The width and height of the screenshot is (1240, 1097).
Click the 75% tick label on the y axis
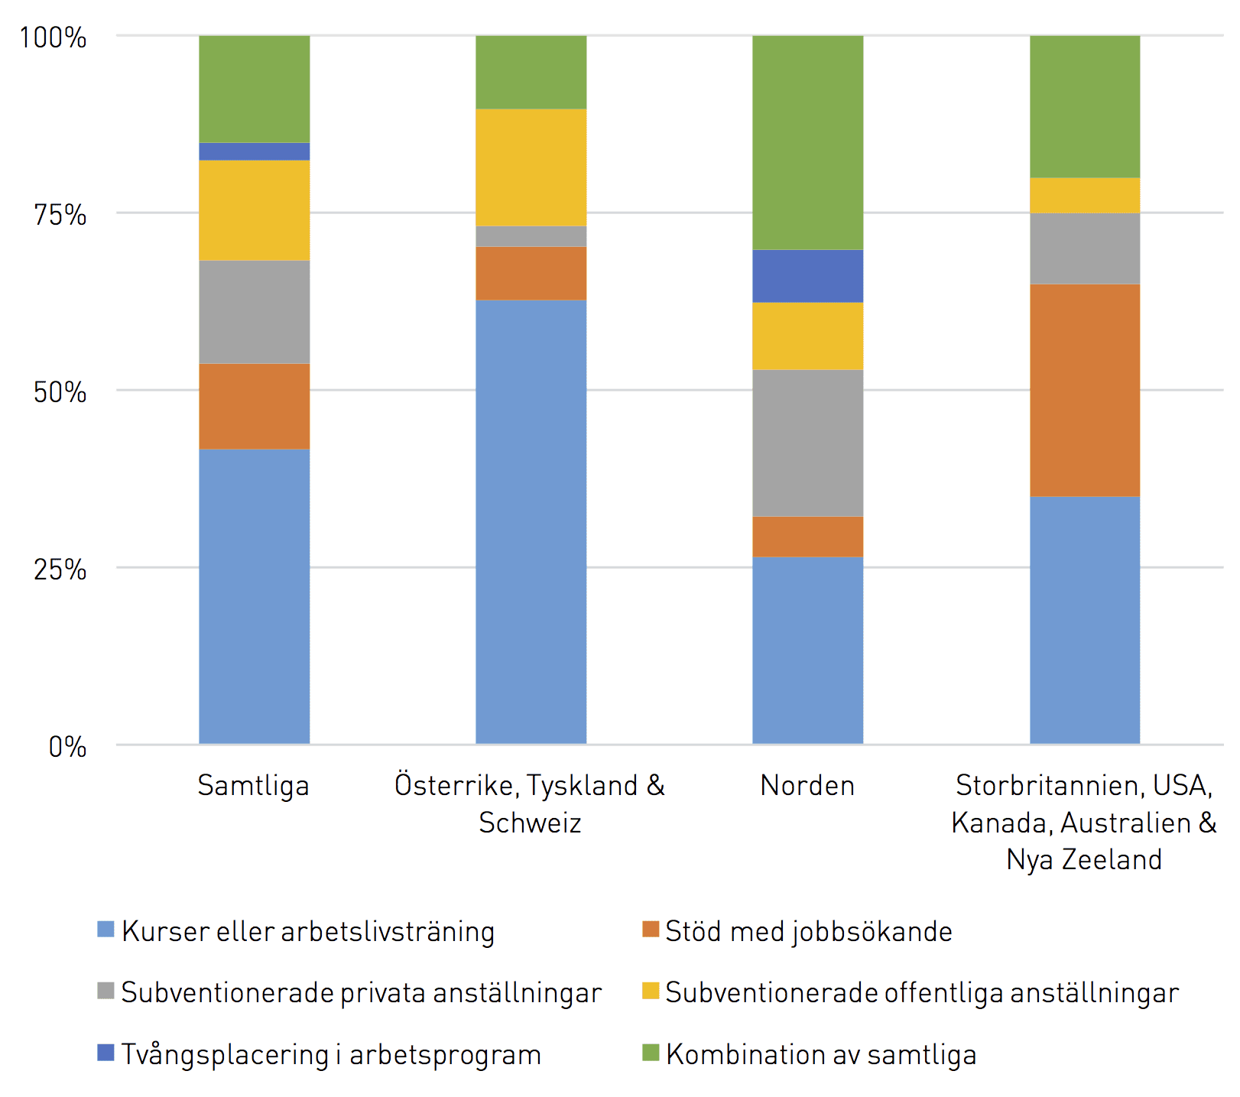coord(60,214)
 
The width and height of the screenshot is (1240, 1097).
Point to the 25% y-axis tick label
coord(60,570)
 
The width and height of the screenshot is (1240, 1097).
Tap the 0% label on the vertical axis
coord(67,747)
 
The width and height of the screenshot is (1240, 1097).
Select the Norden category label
coord(807,785)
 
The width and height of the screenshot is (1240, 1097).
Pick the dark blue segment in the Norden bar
coord(808,276)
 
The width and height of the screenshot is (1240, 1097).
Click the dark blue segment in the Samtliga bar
coord(255,151)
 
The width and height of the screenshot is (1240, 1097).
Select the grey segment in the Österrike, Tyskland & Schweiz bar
coord(531,236)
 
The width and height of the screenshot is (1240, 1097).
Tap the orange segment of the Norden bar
coord(808,537)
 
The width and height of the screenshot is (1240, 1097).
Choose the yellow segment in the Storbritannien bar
coord(1085,196)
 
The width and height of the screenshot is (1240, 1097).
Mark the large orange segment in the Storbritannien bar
coord(1085,391)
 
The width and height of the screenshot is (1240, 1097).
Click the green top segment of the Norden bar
coord(808,143)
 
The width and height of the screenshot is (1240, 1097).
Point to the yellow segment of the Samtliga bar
coord(255,210)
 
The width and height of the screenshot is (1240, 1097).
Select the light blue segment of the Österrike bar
coord(531,522)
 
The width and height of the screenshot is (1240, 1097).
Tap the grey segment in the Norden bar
coord(808,443)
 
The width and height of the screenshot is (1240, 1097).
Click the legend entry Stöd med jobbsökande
coord(797,932)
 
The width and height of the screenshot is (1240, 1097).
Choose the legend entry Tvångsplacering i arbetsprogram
coord(320,1055)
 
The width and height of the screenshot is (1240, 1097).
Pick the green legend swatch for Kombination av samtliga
coord(651,1053)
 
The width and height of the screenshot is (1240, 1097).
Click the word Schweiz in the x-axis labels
coord(530,823)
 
